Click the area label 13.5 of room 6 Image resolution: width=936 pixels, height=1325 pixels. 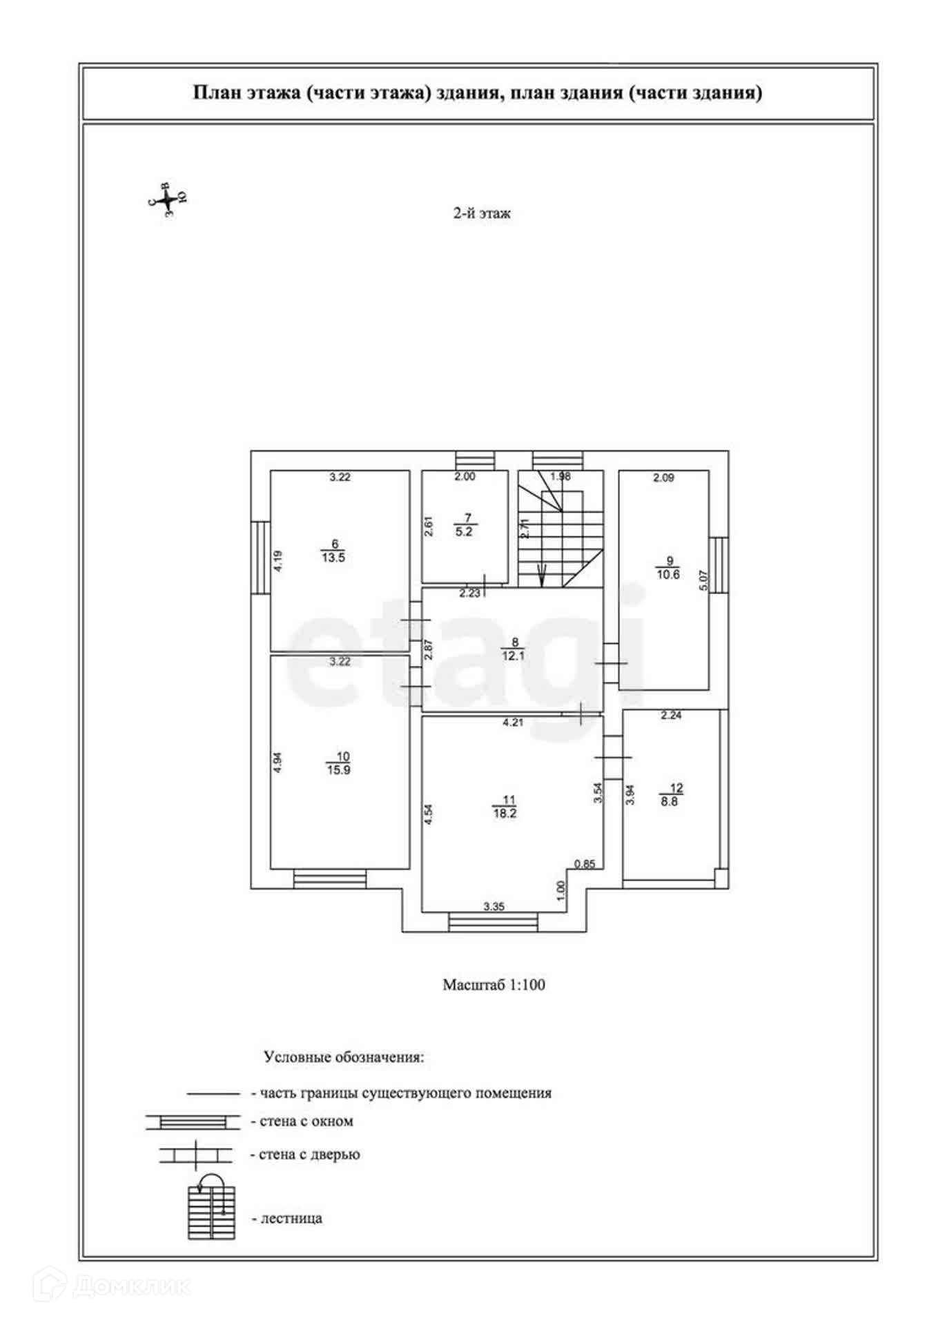click(333, 558)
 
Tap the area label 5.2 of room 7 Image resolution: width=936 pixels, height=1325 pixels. click(464, 531)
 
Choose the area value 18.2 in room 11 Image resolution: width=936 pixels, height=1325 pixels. click(504, 813)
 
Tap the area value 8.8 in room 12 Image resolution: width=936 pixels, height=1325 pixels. click(669, 802)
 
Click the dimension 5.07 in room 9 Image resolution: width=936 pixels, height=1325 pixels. click(703, 580)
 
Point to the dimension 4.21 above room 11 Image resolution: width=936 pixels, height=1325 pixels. click(513, 723)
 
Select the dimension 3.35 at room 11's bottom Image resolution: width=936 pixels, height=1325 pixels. click(494, 907)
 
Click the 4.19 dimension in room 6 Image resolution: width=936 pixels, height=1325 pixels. click(277, 560)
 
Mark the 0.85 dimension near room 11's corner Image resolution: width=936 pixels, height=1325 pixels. click(585, 863)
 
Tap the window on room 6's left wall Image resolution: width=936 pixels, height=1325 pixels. click(260, 557)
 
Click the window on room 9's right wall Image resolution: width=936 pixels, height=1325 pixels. click(719, 565)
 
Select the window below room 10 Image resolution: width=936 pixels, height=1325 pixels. click(329, 879)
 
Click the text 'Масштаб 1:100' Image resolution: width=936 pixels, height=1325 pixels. click(494, 985)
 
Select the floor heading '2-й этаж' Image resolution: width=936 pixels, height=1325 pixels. click(482, 214)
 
